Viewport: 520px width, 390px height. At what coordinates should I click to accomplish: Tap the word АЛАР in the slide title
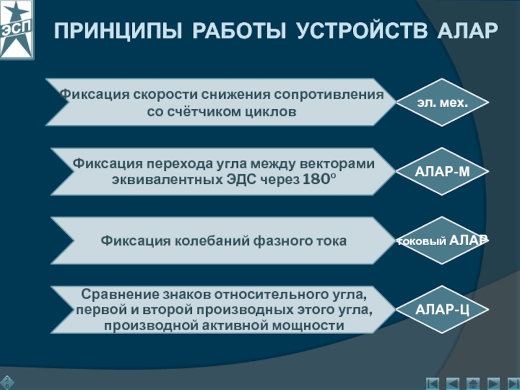pyautogui.click(x=465, y=31)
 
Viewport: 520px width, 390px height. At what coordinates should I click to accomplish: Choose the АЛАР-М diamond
pyautogui.click(x=443, y=172)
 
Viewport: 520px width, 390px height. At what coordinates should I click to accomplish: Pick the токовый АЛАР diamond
pyautogui.click(x=443, y=240)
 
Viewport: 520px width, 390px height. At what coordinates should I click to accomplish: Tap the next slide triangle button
pyautogui.click(x=494, y=383)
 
